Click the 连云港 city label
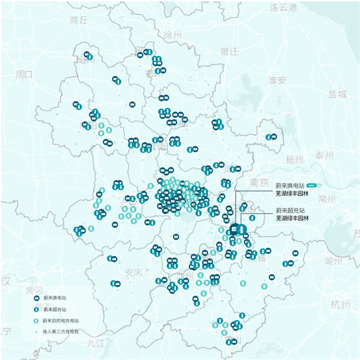283,7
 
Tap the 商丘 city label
78,20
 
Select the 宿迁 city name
229,51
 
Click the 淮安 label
277,81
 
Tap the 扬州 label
294,159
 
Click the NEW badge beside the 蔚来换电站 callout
312,186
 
